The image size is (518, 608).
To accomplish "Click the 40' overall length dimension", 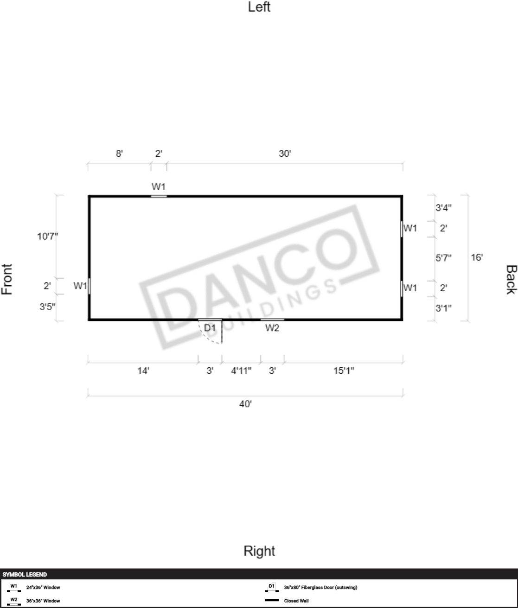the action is pos(245,404).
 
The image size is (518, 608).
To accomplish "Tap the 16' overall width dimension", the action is pos(477,257).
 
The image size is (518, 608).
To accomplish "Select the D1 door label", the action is pos(210,328).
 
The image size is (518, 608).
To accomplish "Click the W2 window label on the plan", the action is pos(272,328).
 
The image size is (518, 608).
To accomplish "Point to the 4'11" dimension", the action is pos(241,371).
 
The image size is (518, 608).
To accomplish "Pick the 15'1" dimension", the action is pos(344,371).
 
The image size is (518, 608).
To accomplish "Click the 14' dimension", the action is pos(143,371).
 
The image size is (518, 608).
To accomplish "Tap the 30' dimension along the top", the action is pos(285,154).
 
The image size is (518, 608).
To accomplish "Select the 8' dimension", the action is pos(119,154).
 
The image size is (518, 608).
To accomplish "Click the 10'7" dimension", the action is pos(47,236).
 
